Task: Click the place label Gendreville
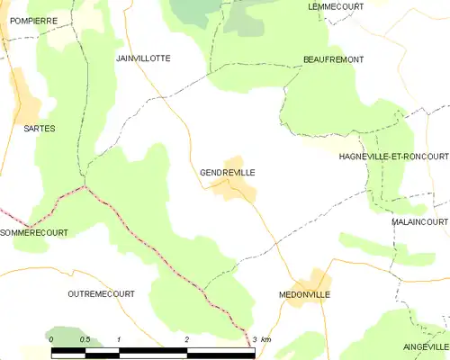(221, 172)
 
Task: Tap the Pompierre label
(35, 19)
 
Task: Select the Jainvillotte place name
(143, 58)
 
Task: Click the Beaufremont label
(333, 59)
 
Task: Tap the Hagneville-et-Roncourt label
(393, 156)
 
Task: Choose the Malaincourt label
(419, 220)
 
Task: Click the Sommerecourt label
(34, 232)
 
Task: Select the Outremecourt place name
(101, 293)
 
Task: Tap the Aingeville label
(426, 346)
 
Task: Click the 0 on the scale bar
(51, 339)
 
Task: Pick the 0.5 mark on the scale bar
(85, 339)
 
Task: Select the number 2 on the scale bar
(186, 339)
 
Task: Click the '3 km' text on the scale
(261, 339)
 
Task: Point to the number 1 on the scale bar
(119, 339)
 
